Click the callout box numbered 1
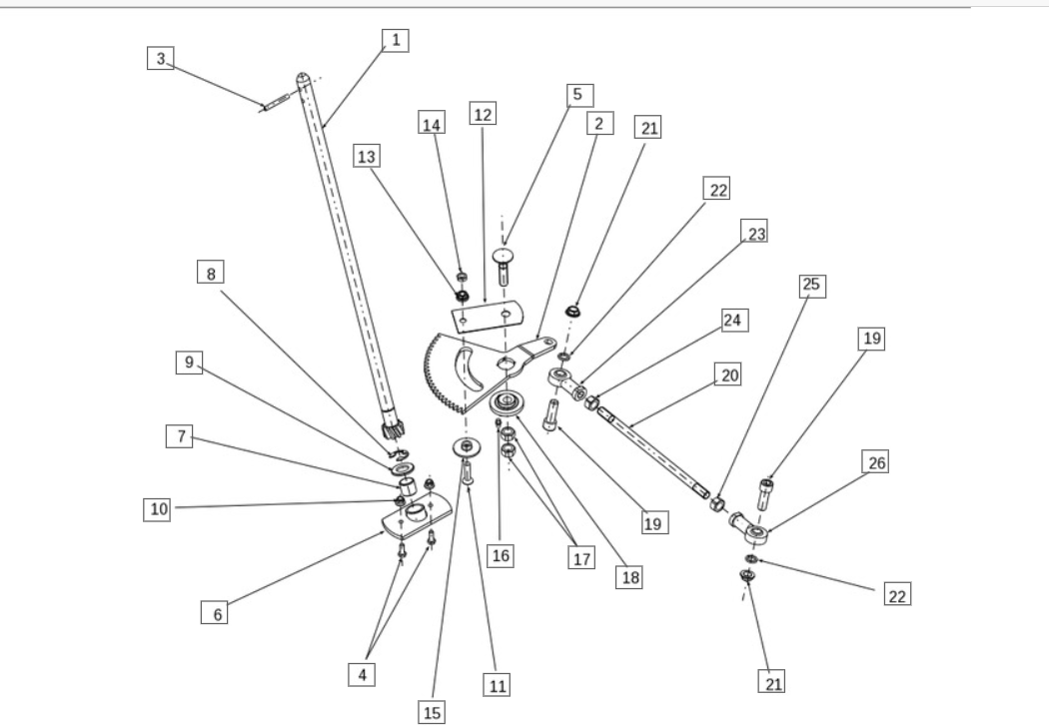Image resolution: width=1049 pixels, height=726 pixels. pyautogui.click(x=396, y=40)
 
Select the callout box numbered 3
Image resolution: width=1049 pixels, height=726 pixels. pyautogui.click(x=159, y=58)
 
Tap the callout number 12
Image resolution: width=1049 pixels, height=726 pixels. pyautogui.click(x=483, y=115)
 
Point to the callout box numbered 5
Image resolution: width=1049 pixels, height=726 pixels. pyautogui.click(x=575, y=95)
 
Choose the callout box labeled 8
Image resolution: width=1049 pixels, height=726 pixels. pyautogui.click(x=211, y=273)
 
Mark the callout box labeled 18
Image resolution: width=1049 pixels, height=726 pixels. pyautogui.click(x=628, y=576)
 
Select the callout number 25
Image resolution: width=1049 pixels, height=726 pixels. pyautogui.click(x=810, y=285)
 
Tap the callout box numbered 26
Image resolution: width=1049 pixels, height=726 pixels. pyautogui.click(x=875, y=463)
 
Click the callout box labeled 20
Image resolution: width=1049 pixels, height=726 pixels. pyautogui.click(x=727, y=373)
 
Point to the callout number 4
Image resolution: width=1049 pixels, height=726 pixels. pyautogui.click(x=363, y=674)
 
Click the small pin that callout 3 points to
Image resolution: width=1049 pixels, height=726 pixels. pyautogui.click(x=276, y=102)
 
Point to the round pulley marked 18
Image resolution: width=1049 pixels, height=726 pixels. pyautogui.click(x=510, y=407)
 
